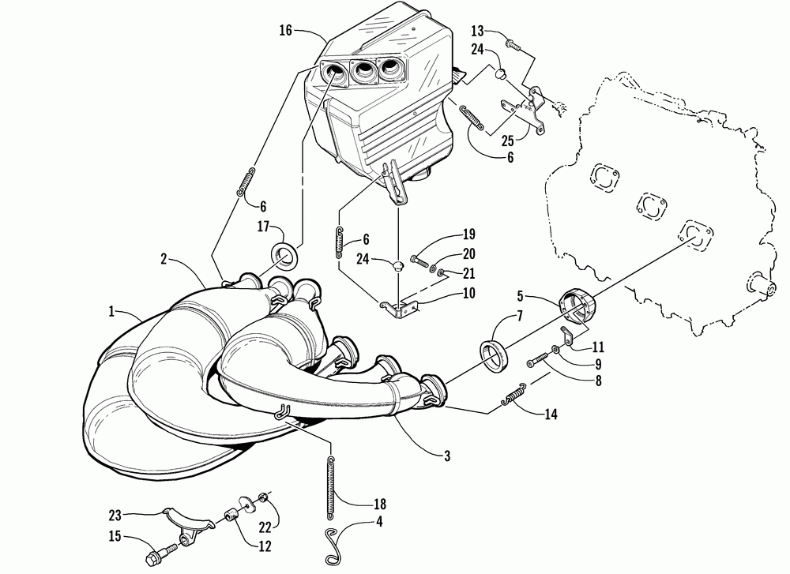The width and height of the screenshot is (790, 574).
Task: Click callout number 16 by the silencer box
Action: tap(285, 30)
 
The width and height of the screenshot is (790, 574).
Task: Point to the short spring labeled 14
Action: tap(517, 395)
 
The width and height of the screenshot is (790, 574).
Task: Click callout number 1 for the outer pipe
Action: tap(110, 311)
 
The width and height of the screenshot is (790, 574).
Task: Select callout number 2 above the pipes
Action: tap(163, 258)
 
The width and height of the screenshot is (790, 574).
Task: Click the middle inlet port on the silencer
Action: tap(364, 73)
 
